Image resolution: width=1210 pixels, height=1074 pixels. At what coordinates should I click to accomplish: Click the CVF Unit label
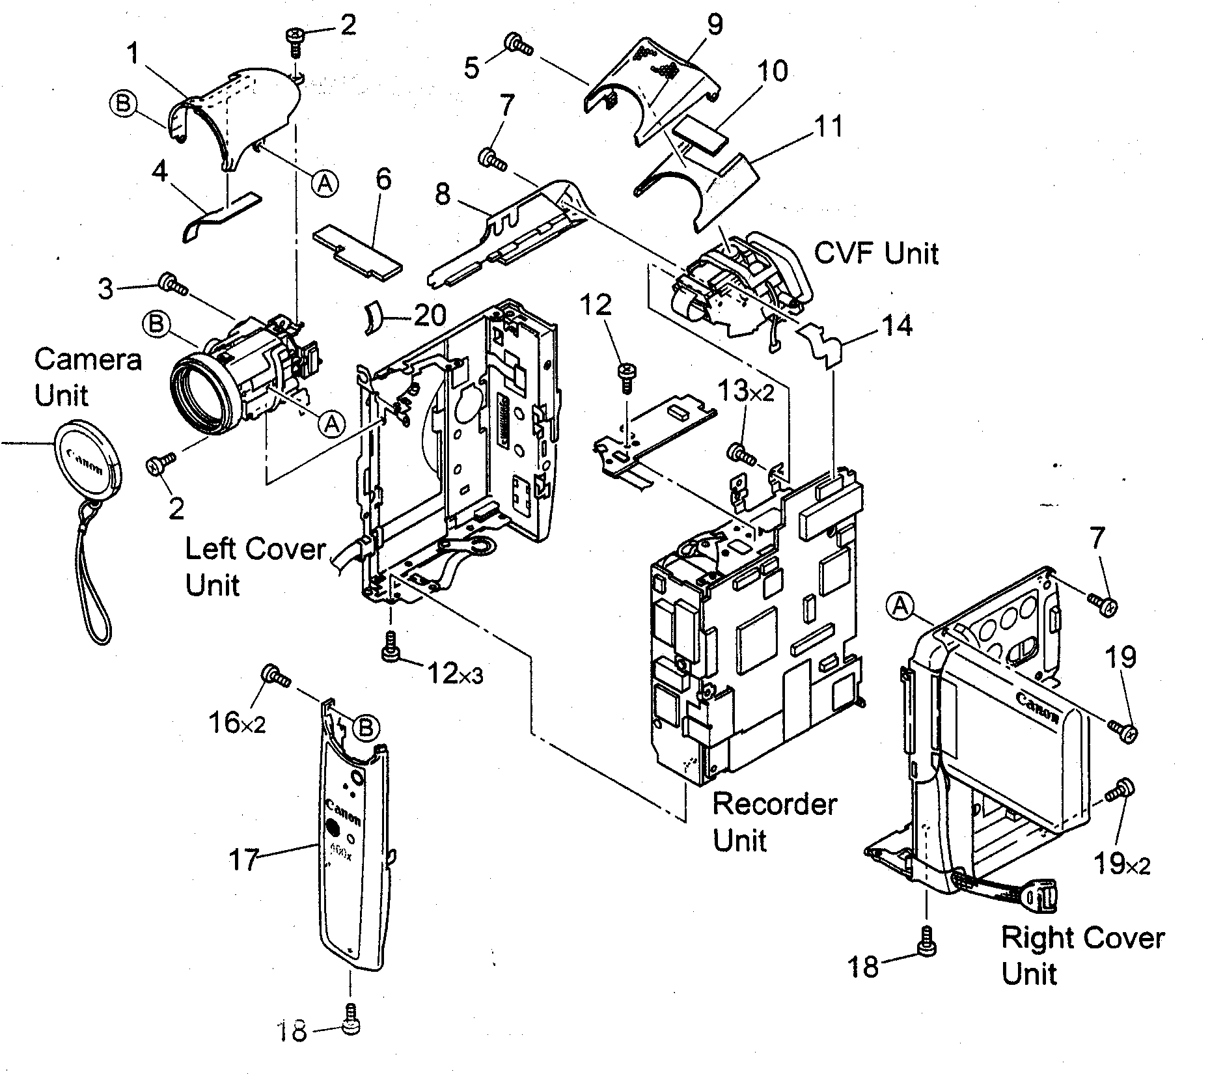(876, 253)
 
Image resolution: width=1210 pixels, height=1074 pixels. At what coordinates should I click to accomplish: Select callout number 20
(430, 316)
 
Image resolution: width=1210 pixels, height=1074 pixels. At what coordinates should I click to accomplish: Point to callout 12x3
(454, 674)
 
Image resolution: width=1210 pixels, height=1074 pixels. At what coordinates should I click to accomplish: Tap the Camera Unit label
(87, 376)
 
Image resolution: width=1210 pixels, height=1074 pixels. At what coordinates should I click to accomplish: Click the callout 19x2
(1121, 864)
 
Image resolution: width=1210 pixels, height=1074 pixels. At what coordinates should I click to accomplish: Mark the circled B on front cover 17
(366, 727)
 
